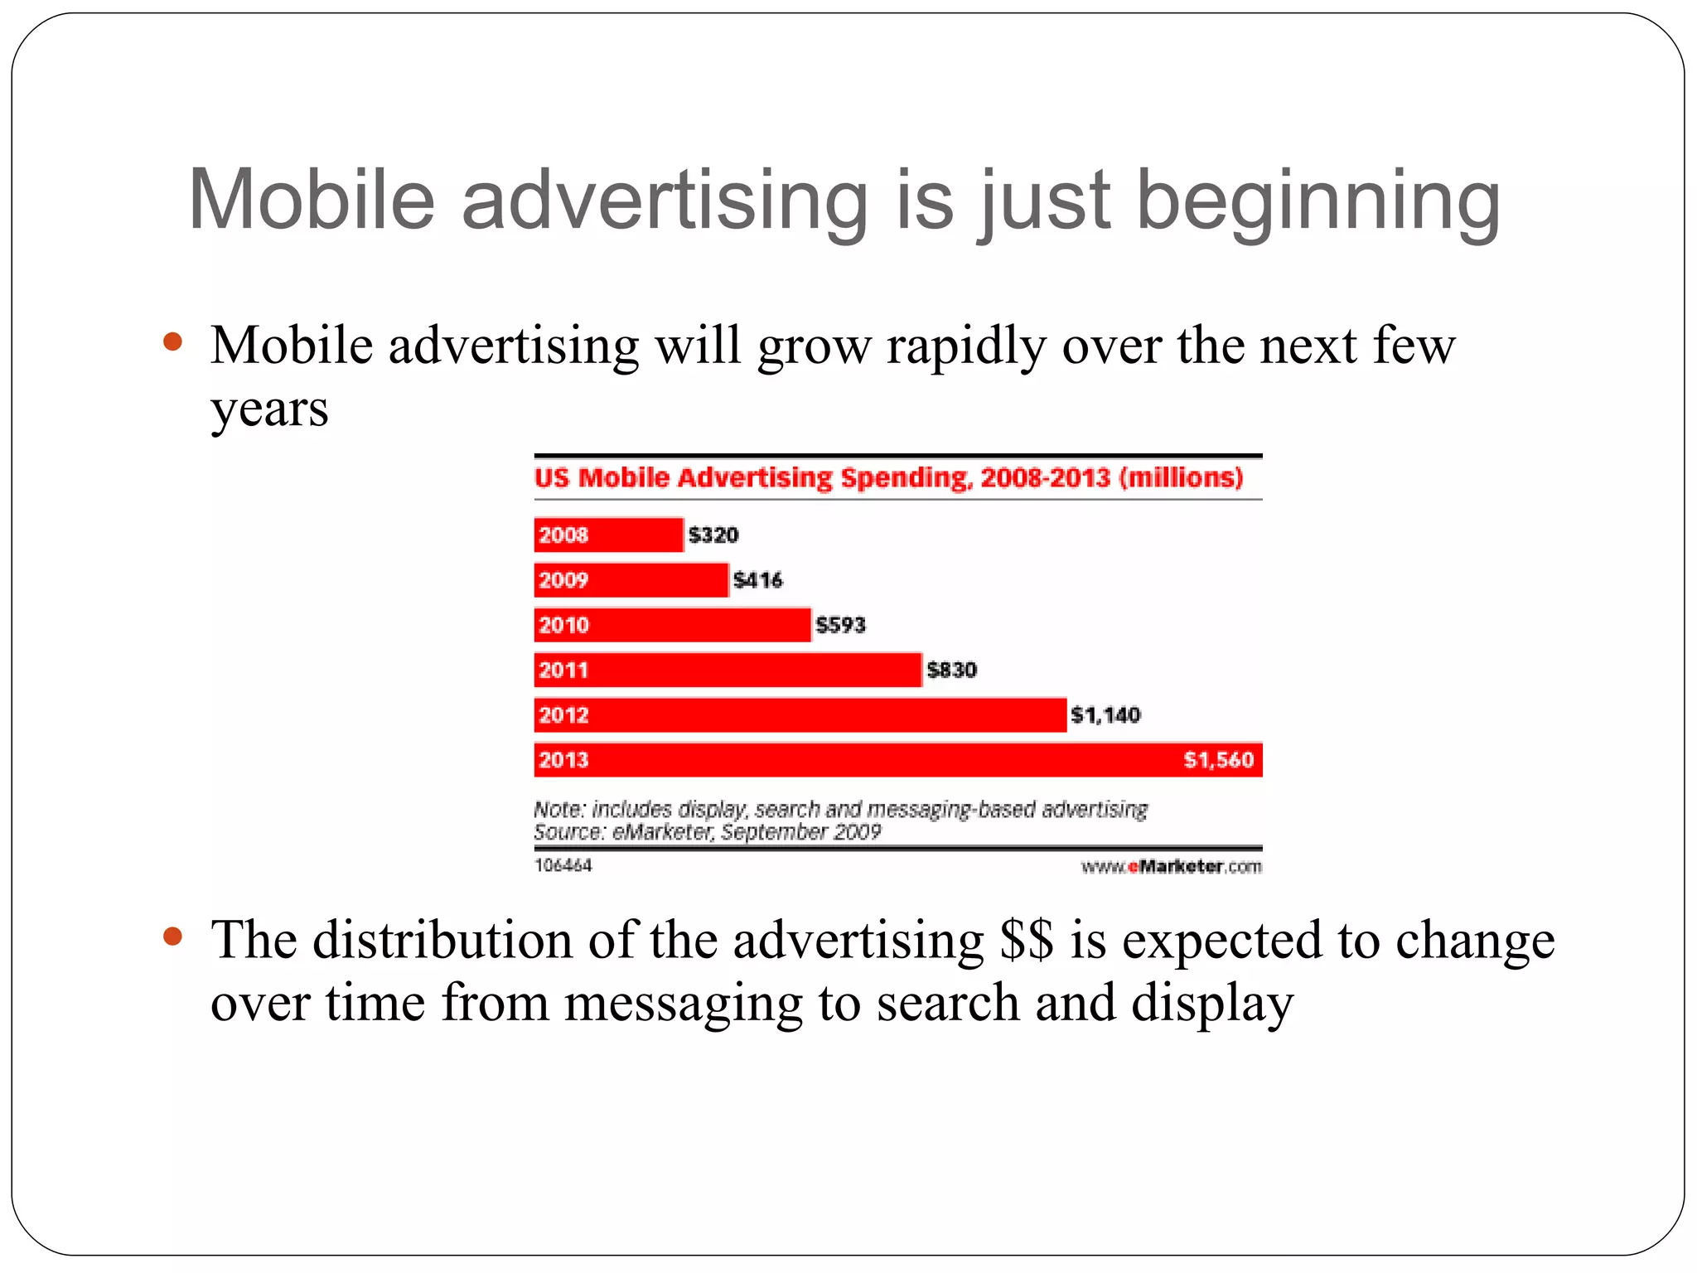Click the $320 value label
coord(713,535)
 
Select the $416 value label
coord(757,580)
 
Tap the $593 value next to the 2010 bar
coord(839,625)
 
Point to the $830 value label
coord(951,670)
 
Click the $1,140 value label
coord(1105,714)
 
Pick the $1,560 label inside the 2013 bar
coord(1218,759)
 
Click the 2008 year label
coord(563,535)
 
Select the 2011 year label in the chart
coord(563,670)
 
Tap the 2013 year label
coord(563,759)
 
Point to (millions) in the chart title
coord(1181,477)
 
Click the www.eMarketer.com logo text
coord(1171,866)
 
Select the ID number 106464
coord(563,865)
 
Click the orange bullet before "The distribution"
coord(172,937)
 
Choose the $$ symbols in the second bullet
coord(1027,941)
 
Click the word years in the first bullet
coord(269,409)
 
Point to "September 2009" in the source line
coord(800,831)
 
